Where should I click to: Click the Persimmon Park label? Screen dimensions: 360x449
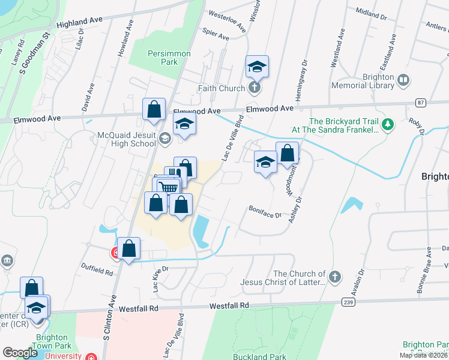pyautogui.click(x=169, y=58)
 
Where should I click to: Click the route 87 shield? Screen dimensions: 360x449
pyautogui.click(x=420, y=103)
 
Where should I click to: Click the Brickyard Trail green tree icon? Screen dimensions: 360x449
pyautogui.click(x=388, y=124)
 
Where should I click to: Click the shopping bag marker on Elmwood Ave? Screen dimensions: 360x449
pyautogui.click(x=154, y=109)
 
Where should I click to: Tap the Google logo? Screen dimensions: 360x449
pyautogui.click(x=19, y=353)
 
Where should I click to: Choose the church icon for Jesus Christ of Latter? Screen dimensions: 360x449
pyautogui.click(x=335, y=277)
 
